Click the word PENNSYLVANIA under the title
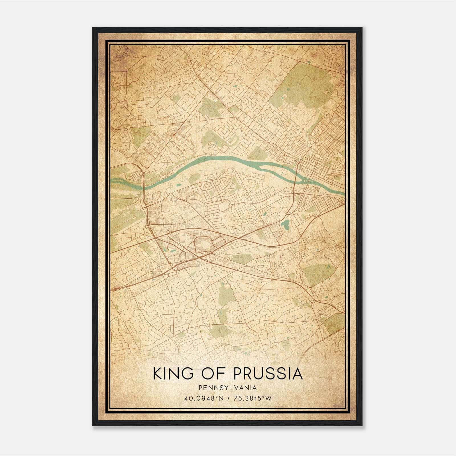[228, 388]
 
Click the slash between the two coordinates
[228, 398]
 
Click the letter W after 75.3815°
[268, 398]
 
